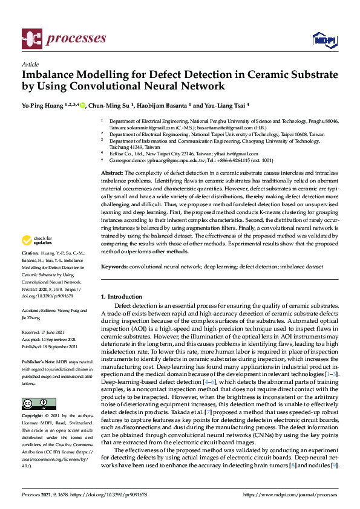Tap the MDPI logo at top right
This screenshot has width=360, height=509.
[324, 39]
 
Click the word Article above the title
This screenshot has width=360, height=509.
[30, 64]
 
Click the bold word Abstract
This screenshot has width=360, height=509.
[112, 173]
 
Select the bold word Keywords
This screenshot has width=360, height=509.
[114, 267]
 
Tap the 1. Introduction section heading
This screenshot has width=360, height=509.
[122, 297]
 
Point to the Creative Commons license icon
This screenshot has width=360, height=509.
[39, 403]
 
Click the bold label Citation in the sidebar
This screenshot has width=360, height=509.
[30, 269]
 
